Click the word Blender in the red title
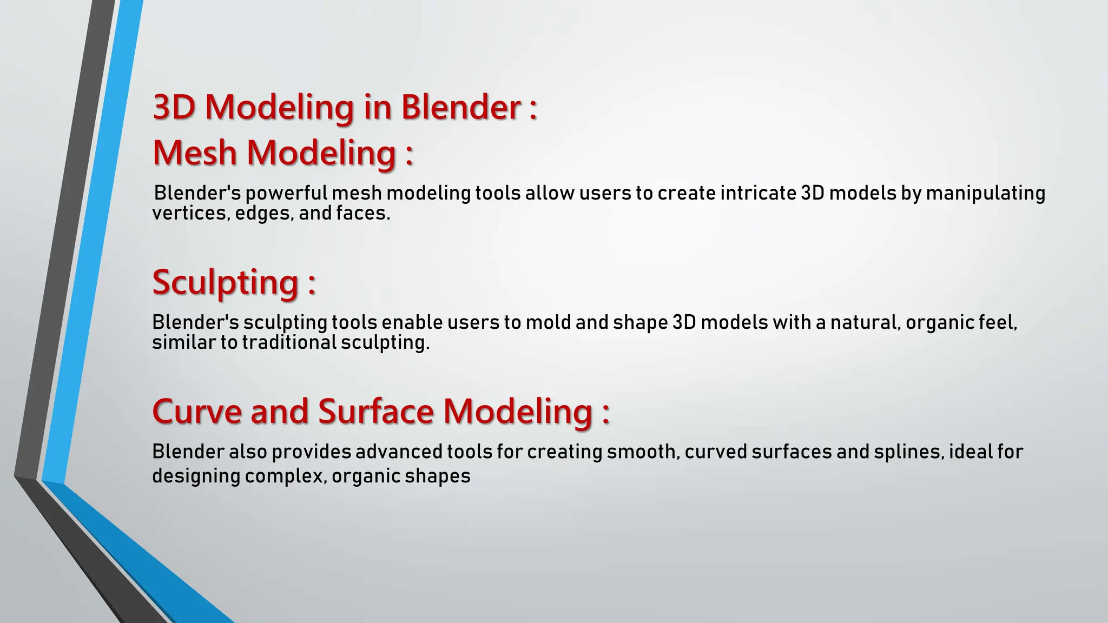(460, 107)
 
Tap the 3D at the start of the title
(174, 107)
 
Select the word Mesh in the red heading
(195, 153)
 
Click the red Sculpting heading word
(225, 283)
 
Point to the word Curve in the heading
(197, 412)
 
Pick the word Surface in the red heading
(376, 412)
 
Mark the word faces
(362, 214)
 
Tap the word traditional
(289, 343)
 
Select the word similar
(183, 343)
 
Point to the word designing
(195, 476)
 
